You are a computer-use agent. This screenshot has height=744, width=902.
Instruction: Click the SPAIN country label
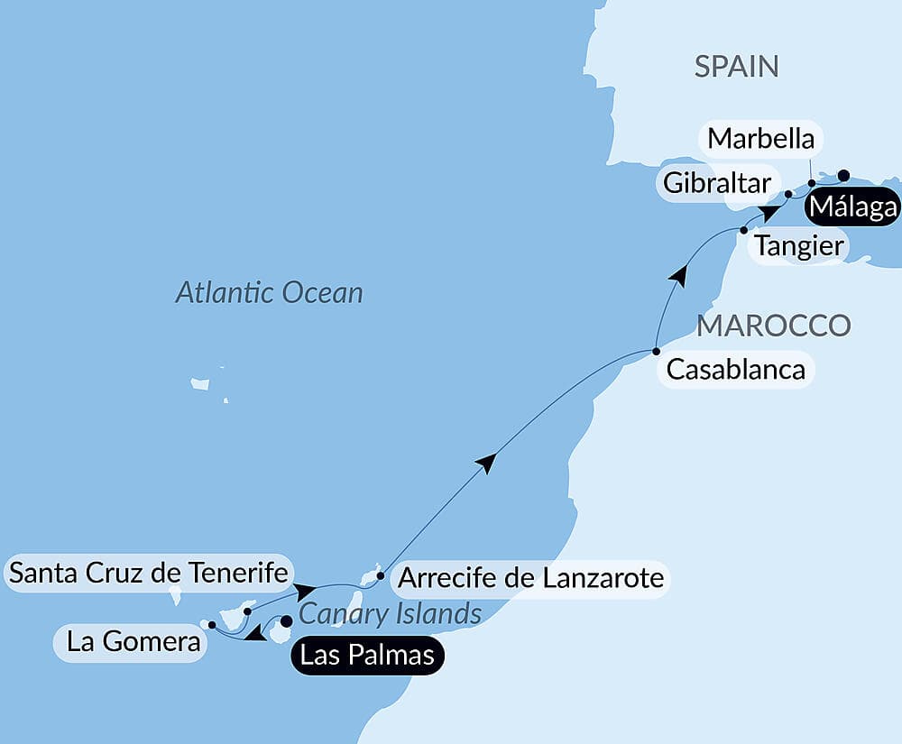(736, 67)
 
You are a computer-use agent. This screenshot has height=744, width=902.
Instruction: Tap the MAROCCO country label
(773, 326)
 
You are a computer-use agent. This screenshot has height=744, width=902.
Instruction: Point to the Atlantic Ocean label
(269, 292)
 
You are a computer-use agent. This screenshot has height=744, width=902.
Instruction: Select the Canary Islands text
(390, 614)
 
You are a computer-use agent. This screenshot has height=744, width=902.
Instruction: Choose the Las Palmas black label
(366, 655)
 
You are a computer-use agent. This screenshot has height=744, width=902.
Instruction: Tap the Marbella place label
(760, 139)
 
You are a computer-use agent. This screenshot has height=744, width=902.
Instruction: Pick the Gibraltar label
(717, 183)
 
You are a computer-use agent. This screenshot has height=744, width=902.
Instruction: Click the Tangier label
(798, 245)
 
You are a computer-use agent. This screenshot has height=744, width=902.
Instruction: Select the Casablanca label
(735, 370)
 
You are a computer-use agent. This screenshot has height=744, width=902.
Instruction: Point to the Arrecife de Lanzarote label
(530, 577)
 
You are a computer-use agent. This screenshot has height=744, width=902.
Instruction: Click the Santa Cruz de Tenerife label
(148, 573)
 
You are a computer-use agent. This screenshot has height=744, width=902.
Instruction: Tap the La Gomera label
(133, 643)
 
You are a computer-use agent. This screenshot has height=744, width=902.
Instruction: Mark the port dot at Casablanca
(656, 351)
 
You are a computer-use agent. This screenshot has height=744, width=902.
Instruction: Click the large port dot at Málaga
(843, 175)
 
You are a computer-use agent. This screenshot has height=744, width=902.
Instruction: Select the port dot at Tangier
(743, 230)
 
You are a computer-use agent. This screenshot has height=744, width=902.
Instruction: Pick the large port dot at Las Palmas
(286, 620)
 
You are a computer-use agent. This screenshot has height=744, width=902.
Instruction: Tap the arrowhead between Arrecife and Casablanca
(486, 463)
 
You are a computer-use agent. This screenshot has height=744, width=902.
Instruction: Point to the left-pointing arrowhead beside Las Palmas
(256, 635)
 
